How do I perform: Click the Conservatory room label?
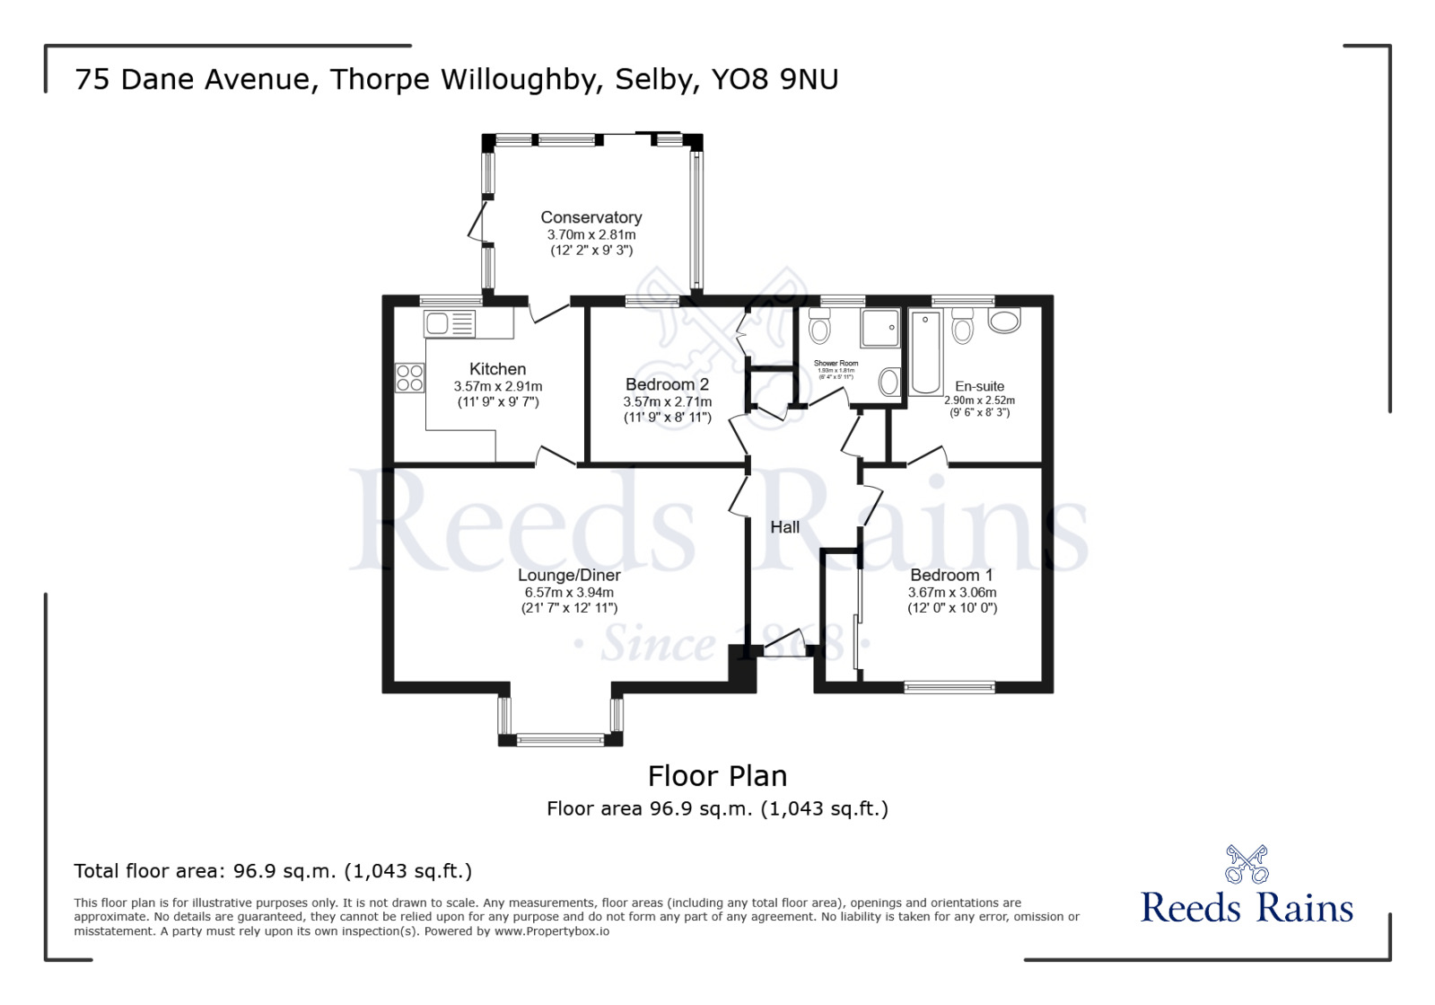point(591,217)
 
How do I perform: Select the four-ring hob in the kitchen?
point(409,378)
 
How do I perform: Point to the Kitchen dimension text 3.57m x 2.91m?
point(498,386)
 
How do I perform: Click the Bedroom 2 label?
point(667,384)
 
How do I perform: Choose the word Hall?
point(784,527)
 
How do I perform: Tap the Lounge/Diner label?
point(569,575)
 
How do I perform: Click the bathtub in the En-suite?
point(925,352)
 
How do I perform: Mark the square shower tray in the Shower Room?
point(879,328)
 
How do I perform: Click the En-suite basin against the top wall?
point(1004,320)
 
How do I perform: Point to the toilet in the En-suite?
point(962,327)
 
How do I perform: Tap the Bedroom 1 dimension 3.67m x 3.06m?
point(952,593)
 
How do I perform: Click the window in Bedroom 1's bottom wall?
point(949,687)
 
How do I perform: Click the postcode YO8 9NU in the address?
point(774,79)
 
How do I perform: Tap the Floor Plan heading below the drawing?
point(717,776)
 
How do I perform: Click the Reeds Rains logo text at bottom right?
point(1247,907)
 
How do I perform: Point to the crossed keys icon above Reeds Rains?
point(1247,863)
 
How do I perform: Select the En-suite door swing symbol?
point(928,456)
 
